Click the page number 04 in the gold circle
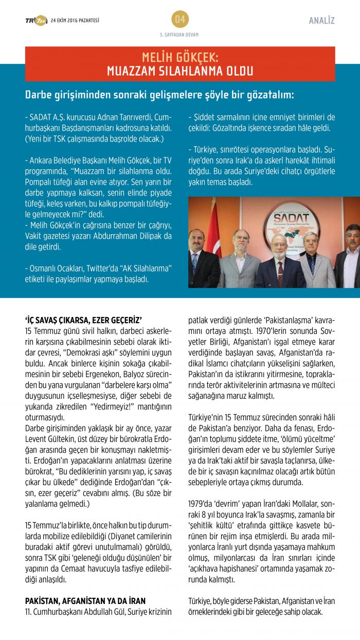pyautogui.click(x=180, y=20)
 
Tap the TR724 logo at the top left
pyautogui.click(x=36, y=21)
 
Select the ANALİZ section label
pyautogui.click(x=322, y=21)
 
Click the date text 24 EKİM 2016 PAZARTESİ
pyautogui.click(x=75, y=21)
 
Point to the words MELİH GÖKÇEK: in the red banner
pyautogui.click(x=180, y=58)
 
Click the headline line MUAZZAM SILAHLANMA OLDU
pyautogui.click(x=180, y=71)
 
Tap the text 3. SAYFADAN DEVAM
pyautogui.click(x=179, y=34)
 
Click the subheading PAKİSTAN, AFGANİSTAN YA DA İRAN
pyautogui.click(x=85, y=600)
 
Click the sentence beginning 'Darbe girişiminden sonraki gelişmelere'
pyautogui.click(x=160, y=96)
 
